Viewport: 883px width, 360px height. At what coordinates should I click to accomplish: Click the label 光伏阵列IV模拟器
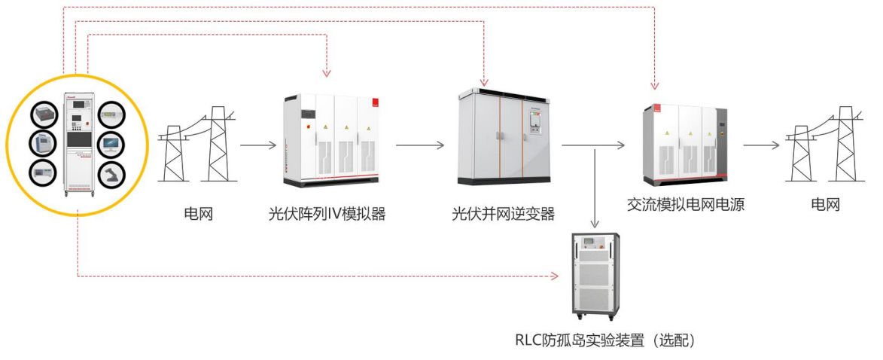click(x=327, y=214)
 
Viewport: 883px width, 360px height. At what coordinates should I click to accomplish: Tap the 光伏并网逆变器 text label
click(x=503, y=214)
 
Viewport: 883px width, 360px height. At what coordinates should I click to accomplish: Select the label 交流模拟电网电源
click(x=685, y=204)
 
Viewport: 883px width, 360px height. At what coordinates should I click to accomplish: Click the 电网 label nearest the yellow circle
click(x=199, y=214)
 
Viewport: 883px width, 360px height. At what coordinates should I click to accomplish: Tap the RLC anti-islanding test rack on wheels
click(x=595, y=275)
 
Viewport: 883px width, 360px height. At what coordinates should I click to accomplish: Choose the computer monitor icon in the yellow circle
click(x=111, y=143)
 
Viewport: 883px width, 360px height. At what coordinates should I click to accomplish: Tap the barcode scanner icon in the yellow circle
click(x=111, y=174)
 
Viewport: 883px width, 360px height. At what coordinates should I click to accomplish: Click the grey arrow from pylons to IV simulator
click(x=258, y=144)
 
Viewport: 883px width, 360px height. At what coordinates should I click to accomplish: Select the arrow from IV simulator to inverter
click(x=420, y=144)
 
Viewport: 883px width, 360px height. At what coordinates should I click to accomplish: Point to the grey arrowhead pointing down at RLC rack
click(x=595, y=224)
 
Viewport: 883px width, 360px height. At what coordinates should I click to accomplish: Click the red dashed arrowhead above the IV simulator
click(x=326, y=73)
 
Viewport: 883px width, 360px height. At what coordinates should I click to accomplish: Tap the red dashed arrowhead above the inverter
click(x=484, y=80)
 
